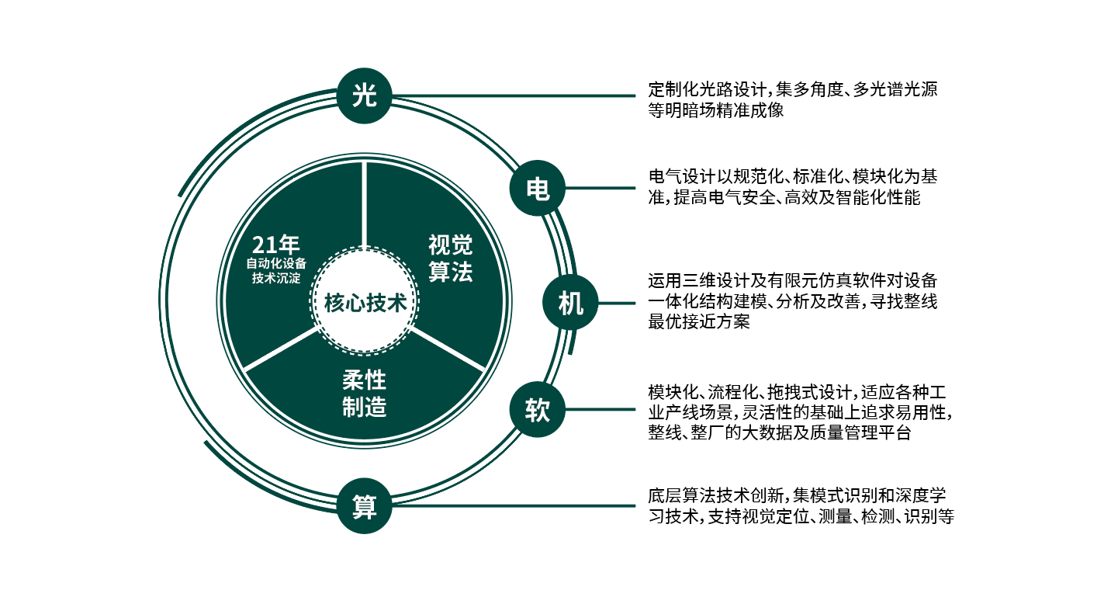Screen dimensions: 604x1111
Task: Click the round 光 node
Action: click(364, 95)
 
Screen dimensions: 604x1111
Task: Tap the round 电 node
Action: click(538, 189)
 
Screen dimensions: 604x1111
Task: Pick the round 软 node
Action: click(537, 410)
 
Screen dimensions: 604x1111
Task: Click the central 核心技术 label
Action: click(365, 303)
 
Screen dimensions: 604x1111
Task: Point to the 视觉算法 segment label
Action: click(450, 259)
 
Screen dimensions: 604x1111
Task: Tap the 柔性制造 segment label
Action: click(364, 394)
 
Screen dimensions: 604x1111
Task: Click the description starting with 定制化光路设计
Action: click(792, 99)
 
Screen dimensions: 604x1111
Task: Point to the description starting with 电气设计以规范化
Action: click(792, 187)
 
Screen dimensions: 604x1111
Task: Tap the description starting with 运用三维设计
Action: click(792, 301)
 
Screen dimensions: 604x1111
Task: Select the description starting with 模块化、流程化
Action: click(799, 411)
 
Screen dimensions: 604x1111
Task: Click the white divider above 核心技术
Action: click(365, 206)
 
